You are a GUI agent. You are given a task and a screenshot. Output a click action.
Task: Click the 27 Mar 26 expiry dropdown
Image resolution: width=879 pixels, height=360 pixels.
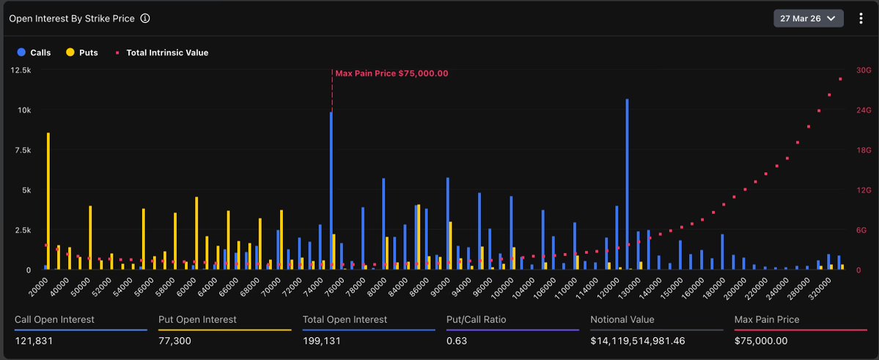[808, 18]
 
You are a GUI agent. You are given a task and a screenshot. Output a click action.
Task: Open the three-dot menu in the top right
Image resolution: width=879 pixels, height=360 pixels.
[861, 18]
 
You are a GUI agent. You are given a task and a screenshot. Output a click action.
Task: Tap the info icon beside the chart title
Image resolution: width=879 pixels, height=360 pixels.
[145, 18]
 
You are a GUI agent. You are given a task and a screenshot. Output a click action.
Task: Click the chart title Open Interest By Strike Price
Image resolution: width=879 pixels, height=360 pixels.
[72, 18]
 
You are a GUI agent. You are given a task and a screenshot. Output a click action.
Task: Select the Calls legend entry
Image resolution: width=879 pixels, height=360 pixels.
[34, 53]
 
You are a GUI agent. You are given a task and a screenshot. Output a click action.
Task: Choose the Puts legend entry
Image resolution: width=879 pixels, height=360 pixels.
[82, 53]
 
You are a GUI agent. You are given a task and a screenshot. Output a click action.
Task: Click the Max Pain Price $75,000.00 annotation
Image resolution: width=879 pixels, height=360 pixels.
[391, 73]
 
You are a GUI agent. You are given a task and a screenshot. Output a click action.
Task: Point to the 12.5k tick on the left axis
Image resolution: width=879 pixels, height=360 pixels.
[21, 70]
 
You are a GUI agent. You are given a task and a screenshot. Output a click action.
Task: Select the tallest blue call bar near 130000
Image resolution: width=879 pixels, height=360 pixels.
[627, 183]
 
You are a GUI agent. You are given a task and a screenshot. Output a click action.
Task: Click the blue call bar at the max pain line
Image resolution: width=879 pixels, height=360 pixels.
[331, 191]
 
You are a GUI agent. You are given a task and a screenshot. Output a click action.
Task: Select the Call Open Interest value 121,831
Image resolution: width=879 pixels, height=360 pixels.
[34, 341]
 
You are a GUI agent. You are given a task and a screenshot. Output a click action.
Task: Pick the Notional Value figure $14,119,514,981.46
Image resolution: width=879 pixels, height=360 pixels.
[642, 341]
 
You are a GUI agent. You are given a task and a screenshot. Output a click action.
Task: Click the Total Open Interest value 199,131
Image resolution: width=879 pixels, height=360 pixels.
[322, 341]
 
